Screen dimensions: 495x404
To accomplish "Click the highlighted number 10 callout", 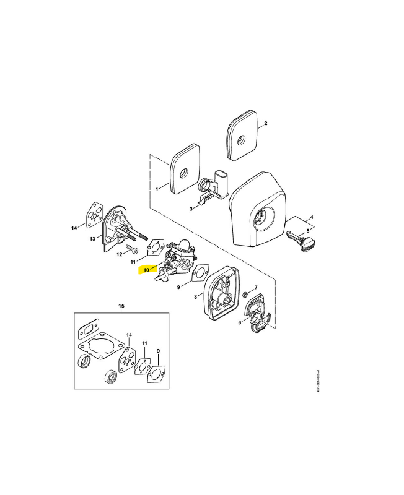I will [147, 269].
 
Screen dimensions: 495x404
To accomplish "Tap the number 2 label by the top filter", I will [265, 124].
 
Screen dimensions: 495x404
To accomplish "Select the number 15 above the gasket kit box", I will [121, 306].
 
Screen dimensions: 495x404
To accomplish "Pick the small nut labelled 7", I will [245, 293].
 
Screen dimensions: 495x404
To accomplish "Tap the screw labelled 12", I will [131, 249].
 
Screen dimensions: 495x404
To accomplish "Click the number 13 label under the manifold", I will [92, 238].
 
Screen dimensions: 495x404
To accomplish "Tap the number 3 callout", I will [192, 209].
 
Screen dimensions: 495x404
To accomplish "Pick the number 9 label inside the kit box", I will [159, 351].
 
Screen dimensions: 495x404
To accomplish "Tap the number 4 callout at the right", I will [311, 217].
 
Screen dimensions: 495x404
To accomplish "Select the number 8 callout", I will [195, 298].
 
